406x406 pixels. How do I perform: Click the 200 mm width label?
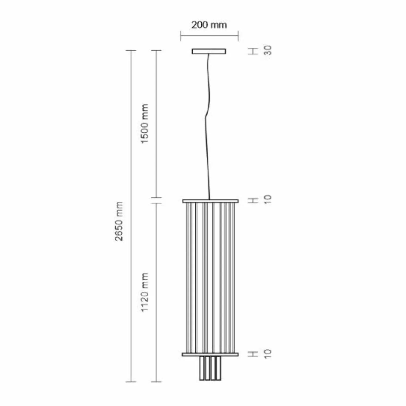pos(209,25)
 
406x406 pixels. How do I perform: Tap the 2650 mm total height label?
pos(119,221)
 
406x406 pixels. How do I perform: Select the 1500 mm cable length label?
pos(144,124)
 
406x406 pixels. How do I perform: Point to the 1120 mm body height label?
pos(144,292)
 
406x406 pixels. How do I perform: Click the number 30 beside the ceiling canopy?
pos(268,50)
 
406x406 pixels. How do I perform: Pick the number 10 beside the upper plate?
pos(268,199)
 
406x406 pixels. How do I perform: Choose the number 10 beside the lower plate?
pos(268,353)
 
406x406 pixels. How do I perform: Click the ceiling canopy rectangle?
pos(209,51)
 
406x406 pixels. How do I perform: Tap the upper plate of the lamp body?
pos(210,201)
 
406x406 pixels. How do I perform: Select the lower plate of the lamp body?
pos(210,354)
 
